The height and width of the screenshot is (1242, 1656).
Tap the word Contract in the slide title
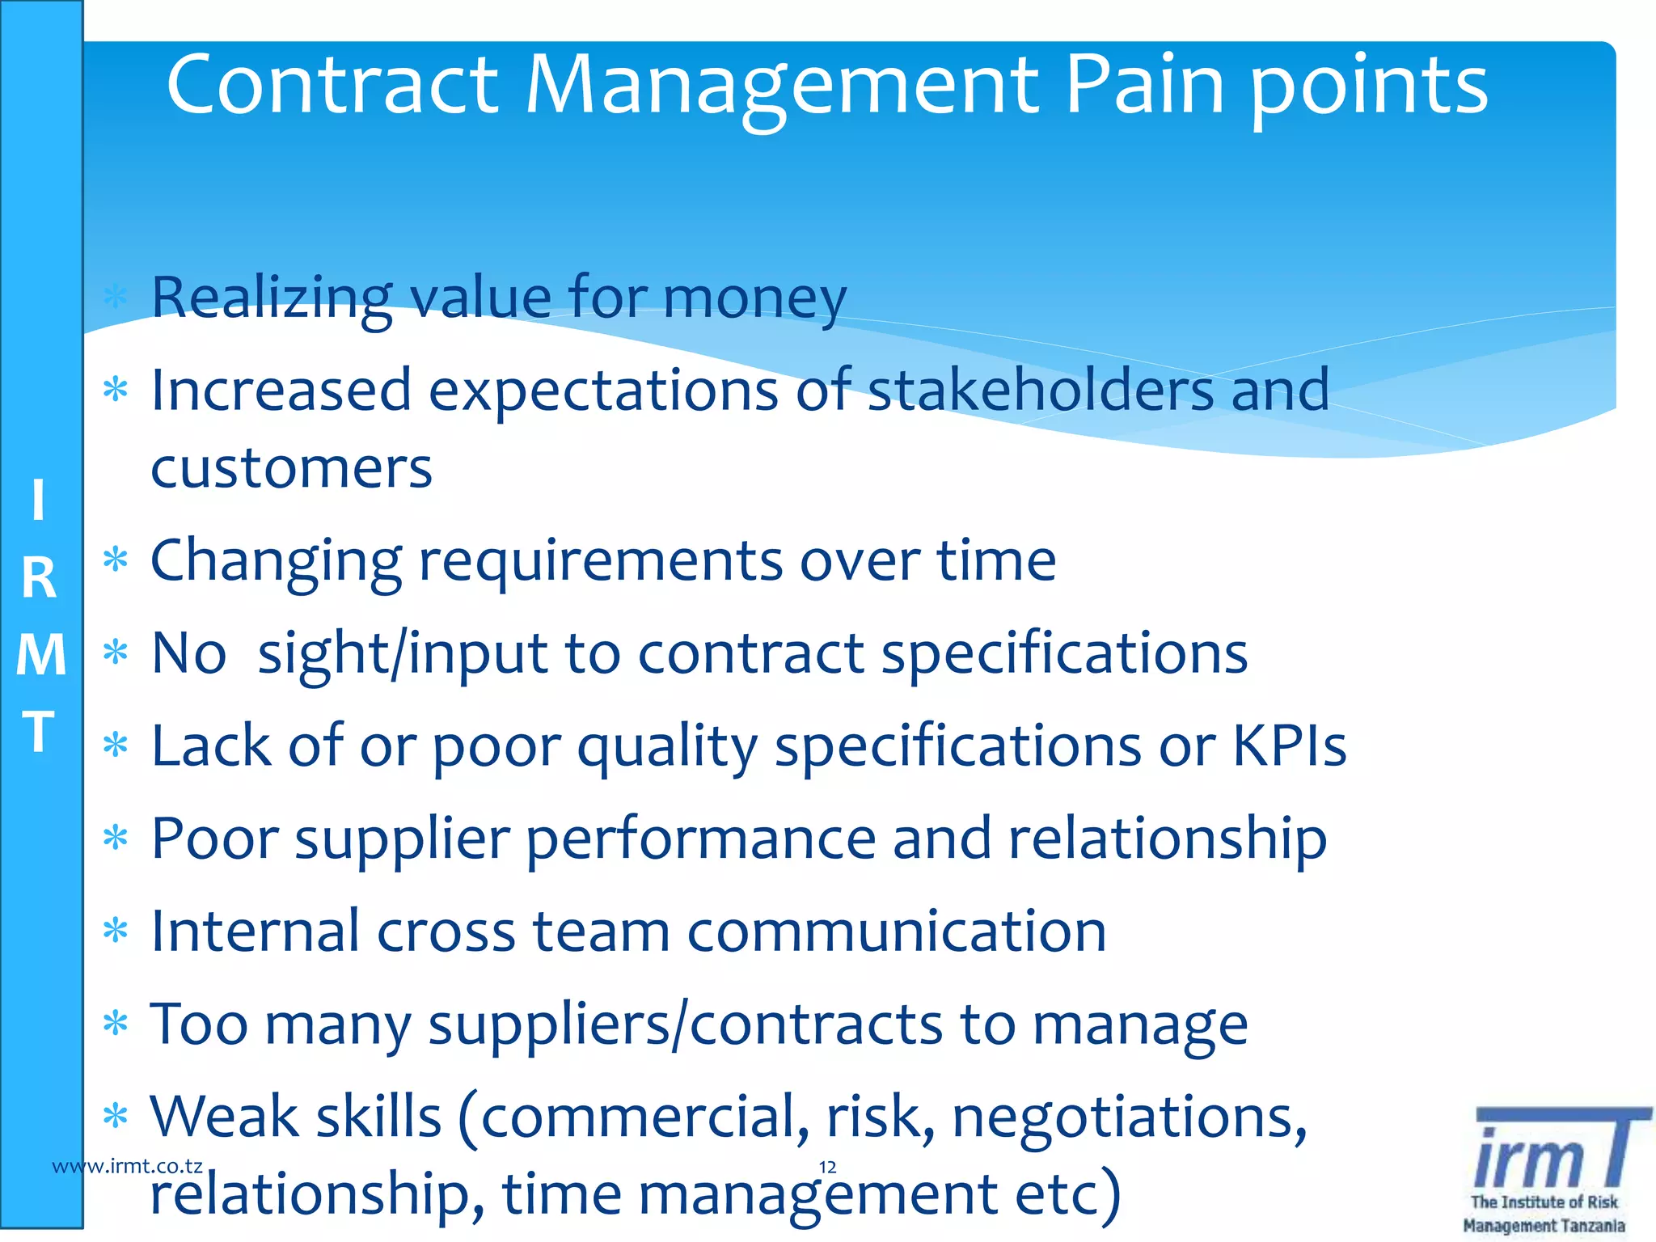[x=332, y=85]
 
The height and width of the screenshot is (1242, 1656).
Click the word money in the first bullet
[x=755, y=298]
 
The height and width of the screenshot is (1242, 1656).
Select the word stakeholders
[x=1041, y=391]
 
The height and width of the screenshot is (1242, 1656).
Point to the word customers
[x=291, y=468]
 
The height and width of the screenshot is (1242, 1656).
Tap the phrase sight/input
[x=402, y=654]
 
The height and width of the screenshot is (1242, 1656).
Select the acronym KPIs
[x=1289, y=746]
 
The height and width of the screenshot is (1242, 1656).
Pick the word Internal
[x=255, y=931]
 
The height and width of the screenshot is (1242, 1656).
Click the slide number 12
[x=827, y=1167]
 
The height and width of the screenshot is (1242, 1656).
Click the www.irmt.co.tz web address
[x=127, y=1166]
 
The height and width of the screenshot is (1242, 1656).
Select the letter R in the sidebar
[x=39, y=579]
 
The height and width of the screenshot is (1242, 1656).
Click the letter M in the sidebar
[x=40, y=655]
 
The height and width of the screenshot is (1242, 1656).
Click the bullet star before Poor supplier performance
[x=116, y=838]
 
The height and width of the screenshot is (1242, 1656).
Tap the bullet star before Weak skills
[x=116, y=1116]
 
